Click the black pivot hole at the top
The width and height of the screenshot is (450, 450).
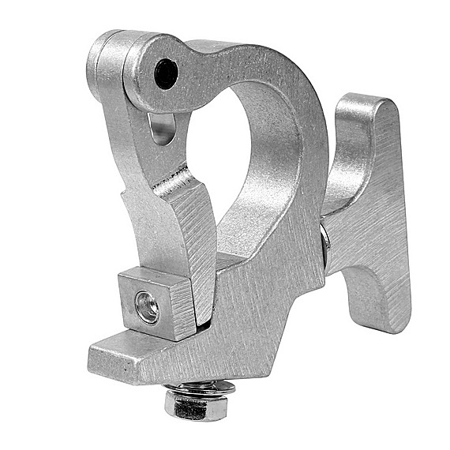pos(166,73)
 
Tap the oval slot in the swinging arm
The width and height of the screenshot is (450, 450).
pos(161,129)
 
